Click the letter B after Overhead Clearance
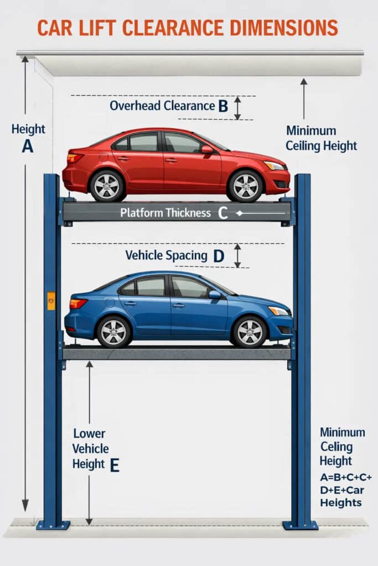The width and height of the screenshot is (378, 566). (223, 106)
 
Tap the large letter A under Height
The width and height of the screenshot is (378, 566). (27, 146)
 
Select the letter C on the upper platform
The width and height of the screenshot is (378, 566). (223, 213)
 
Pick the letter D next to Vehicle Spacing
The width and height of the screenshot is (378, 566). (219, 256)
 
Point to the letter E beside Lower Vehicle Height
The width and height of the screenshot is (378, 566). (115, 465)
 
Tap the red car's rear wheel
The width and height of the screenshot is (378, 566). (107, 186)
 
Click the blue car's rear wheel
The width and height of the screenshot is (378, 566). (113, 331)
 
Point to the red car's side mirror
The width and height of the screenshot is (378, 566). (207, 149)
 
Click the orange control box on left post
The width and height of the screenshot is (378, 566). (51, 301)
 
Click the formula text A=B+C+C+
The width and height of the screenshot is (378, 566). (346, 477)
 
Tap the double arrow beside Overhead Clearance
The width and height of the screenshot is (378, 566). (237, 108)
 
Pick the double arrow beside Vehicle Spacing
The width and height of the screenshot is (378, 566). (237, 255)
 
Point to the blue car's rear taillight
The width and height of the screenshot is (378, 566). (78, 303)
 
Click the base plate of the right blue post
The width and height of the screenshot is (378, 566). (301, 525)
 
